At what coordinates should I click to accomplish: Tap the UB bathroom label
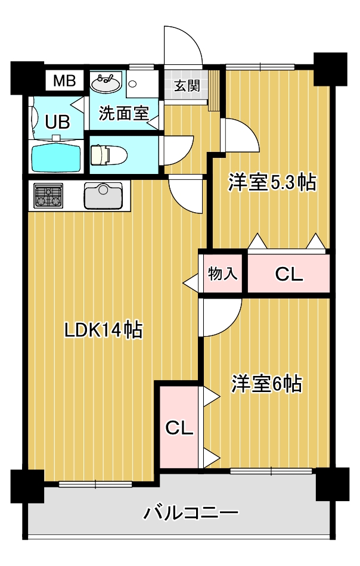(58, 122)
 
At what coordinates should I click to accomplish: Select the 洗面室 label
(123, 113)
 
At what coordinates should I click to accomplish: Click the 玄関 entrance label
(186, 85)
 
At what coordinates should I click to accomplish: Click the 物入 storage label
(223, 274)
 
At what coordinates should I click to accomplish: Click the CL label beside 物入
(288, 275)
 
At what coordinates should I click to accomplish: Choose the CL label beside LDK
(179, 428)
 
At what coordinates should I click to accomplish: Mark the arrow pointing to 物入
(191, 282)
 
